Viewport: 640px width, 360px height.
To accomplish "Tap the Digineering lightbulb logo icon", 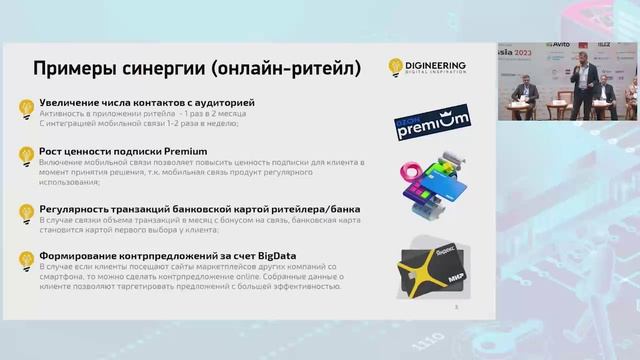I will tap(397, 67).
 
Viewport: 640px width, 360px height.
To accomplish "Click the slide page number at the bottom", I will tap(456, 307).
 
